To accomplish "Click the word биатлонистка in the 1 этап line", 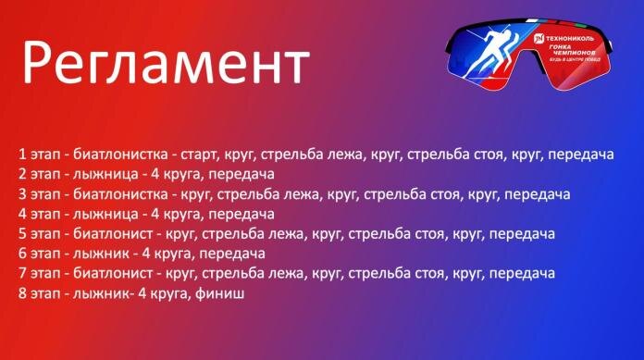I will (120, 153).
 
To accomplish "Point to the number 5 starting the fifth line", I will (20, 233).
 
